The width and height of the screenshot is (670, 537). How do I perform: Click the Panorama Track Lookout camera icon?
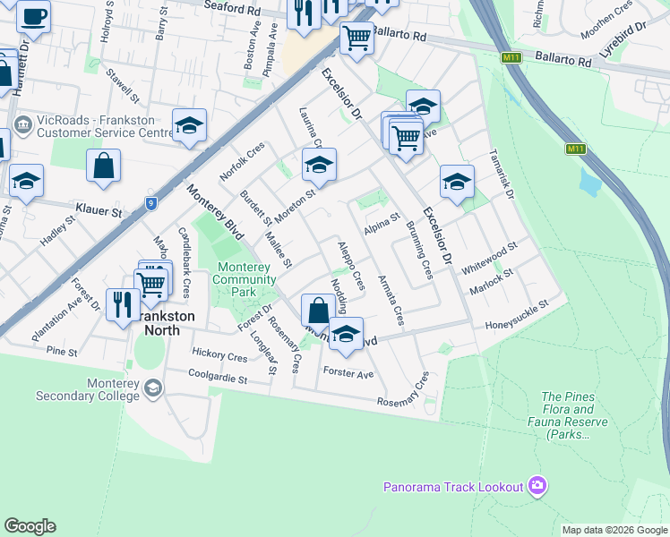point(537,486)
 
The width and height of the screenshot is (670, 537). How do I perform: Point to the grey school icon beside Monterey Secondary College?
point(153,387)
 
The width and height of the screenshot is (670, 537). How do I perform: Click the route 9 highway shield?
point(152,203)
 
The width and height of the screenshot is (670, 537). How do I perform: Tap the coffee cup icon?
point(34,17)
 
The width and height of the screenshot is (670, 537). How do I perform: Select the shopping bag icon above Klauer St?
point(104,166)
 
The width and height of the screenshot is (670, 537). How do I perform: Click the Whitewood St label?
point(489,258)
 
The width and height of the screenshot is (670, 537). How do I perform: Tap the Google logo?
point(30,526)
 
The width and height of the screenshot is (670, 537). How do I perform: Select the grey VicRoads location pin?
point(23,122)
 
